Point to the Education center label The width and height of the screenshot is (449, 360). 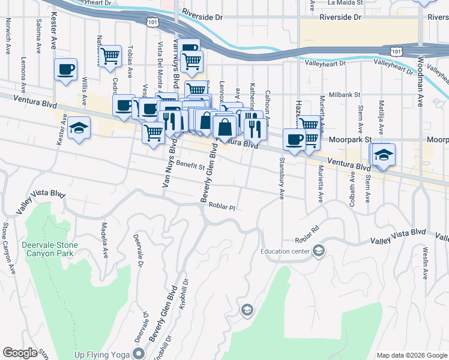click(x=285, y=251)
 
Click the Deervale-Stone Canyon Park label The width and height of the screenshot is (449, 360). click(x=47, y=248)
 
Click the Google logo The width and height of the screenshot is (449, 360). click(x=20, y=353)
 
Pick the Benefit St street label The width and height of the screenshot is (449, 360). click(x=191, y=166)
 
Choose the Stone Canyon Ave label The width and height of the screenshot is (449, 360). click(x=8, y=249)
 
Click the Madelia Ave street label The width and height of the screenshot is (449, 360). click(x=105, y=243)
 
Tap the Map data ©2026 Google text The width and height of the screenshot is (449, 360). click(x=411, y=355)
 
